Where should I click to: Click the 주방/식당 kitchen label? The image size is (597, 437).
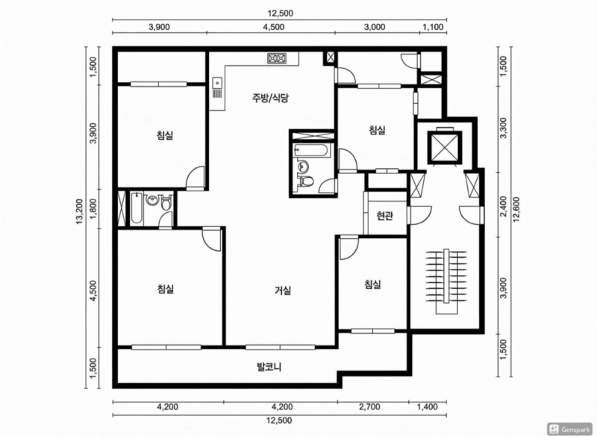[x=270, y=98]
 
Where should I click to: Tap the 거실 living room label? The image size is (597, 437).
[x=283, y=291]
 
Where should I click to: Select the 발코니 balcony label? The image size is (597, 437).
[x=269, y=368]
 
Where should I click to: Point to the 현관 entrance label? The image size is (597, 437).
[x=384, y=216]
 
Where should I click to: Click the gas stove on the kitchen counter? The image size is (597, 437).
[x=277, y=58]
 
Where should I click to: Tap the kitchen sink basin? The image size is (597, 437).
[x=217, y=82]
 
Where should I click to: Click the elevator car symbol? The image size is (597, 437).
[x=444, y=147]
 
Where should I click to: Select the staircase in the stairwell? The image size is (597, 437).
[x=446, y=281]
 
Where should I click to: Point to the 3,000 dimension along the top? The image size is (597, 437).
[x=375, y=27]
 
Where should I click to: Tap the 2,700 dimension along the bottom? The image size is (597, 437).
[x=369, y=407]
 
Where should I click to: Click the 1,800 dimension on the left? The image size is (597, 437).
[x=93, y=208]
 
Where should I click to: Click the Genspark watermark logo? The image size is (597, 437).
[x=570, y=429]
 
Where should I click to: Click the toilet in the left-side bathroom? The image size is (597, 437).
[x=166, y=203]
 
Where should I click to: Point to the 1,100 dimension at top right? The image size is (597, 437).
[x=434, y=27]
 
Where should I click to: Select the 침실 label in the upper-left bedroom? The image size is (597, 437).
[x=165, y=135]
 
